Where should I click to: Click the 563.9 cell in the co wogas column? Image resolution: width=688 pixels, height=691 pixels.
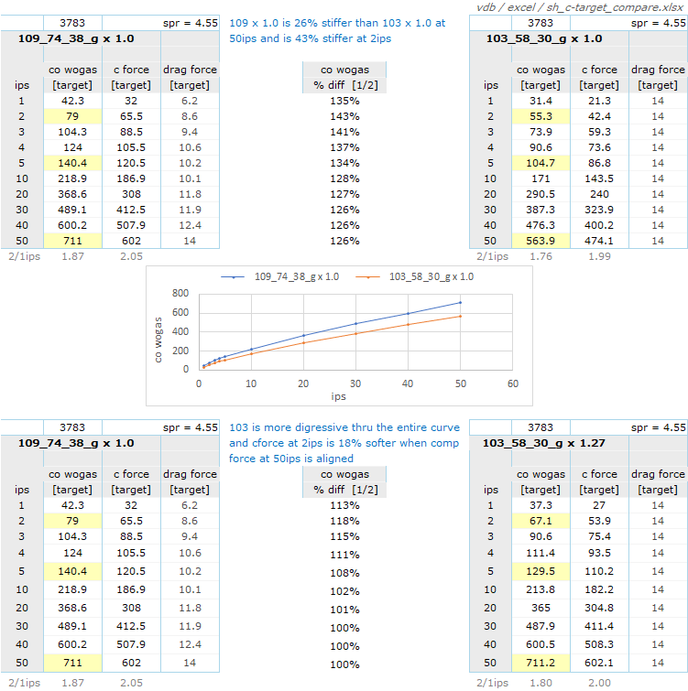[541, 242]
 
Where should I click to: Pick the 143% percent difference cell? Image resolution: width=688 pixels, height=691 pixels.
[344, 116]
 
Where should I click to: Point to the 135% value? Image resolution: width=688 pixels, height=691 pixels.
[344, 101]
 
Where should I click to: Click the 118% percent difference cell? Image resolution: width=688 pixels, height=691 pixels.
[344, 521]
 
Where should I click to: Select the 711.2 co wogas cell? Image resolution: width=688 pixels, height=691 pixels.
[541, 664]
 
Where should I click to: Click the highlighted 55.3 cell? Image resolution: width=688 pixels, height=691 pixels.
[541, 116]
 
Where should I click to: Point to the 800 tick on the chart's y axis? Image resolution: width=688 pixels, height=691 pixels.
[180, 294]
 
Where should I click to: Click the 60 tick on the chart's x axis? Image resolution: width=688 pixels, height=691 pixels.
[512, 383]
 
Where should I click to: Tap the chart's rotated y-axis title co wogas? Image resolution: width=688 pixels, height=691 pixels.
[158, 335]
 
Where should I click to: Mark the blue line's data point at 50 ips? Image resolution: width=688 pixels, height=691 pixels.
[460, 302]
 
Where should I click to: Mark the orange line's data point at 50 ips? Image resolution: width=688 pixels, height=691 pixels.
[460, 317]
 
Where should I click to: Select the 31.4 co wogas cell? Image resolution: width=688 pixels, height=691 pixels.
[541, 101]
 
